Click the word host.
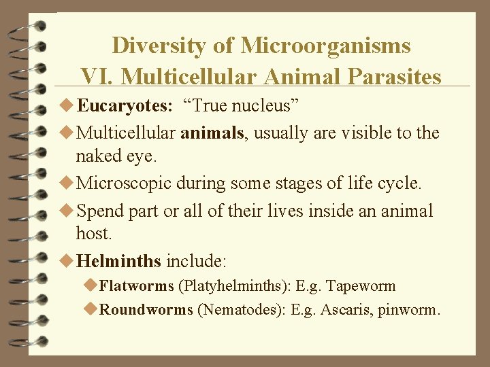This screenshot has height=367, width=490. point(93,233)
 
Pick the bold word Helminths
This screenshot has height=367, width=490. point(119,260)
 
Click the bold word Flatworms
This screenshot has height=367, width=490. point(136,286)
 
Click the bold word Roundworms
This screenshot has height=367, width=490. point(146,311)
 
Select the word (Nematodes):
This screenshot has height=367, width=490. point(241,311)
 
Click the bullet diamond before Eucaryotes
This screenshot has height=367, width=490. point(67,107)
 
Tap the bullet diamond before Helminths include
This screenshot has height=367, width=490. point(67,260)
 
